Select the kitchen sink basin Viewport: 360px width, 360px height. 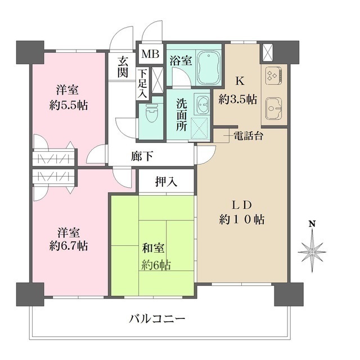(x=273, y=106)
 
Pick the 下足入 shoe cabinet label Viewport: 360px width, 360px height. (x=143, y=83)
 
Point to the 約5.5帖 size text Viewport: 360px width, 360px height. (x=68, y=105)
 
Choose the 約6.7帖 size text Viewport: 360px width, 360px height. (x=68, y=246)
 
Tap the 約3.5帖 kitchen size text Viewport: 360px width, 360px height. (x=238, y=100)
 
